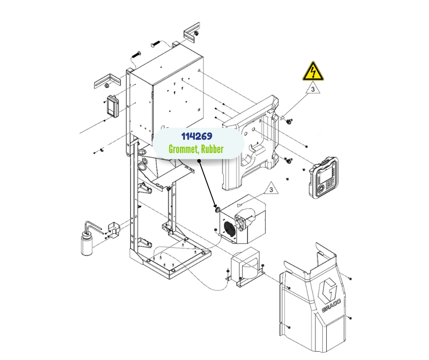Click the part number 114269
[x=198, y=137]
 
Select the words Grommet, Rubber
[x=196, y=149]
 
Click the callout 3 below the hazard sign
[x=313, y=90]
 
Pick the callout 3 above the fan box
[x=271, y=188]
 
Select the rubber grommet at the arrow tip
[x=218, y=210]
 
